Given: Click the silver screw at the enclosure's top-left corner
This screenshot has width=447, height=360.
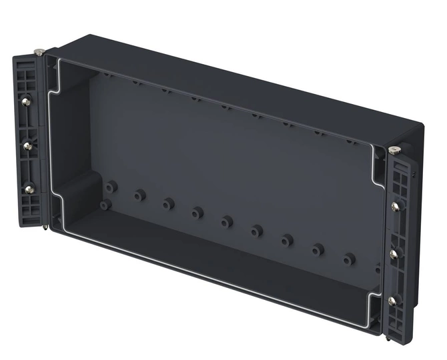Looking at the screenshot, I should pyautogui.click(x=40, y=51).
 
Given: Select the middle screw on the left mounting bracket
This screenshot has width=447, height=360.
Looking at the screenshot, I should pyautogui.click(x=27, y=145).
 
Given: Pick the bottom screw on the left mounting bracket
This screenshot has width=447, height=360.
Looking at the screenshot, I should pyautogui.click(x=29, y=189).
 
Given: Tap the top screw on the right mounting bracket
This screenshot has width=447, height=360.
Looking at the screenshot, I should pyautogui.click(x=396, y=206).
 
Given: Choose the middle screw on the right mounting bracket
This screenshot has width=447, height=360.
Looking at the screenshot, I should pyautogui.click(x=394, y=254).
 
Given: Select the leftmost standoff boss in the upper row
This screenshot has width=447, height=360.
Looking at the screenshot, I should pyautogui.click(x=111, y=187).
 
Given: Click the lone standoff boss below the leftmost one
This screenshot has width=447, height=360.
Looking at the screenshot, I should pyautogui.click(x=105, y=205).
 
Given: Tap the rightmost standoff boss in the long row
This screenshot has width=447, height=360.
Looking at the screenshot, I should pyautogui.click(x=348, y=259).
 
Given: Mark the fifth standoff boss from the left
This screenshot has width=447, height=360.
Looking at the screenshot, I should pyautogui.click(x=227, y=221).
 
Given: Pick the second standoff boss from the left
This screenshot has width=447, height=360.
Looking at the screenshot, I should pyautogui.click(x=139, y=195).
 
